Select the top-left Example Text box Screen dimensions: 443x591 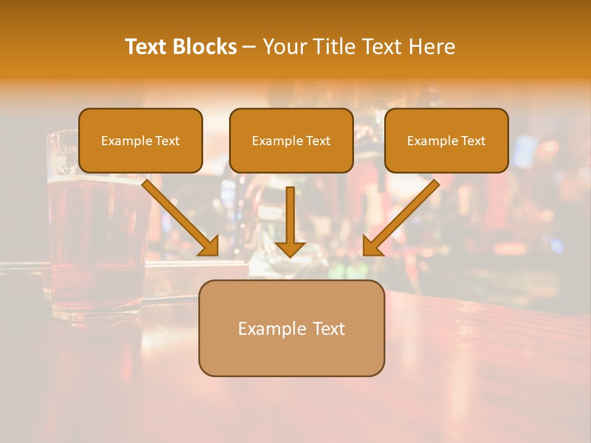140,141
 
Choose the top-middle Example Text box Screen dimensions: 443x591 291,141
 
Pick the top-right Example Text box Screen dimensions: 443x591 446,141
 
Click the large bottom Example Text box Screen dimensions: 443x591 291,329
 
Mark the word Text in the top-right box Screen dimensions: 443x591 473,141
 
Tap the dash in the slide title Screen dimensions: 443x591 249,47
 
